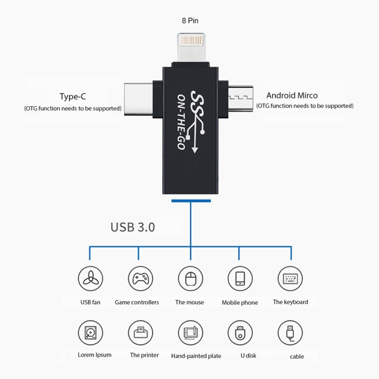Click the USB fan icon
point(90,278)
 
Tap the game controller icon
point(140,278)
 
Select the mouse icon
point(190,278)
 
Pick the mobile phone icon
point(240,278)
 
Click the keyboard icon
point(290,278)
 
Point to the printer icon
point(140,333)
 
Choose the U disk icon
point(240,333)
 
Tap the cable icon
point(290,333)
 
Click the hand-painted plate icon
point(190,333)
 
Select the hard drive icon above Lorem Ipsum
point(90,333)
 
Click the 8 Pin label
point(190,21)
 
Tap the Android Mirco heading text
point(292,95)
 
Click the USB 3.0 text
point(132,227)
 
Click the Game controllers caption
point(136,302)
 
